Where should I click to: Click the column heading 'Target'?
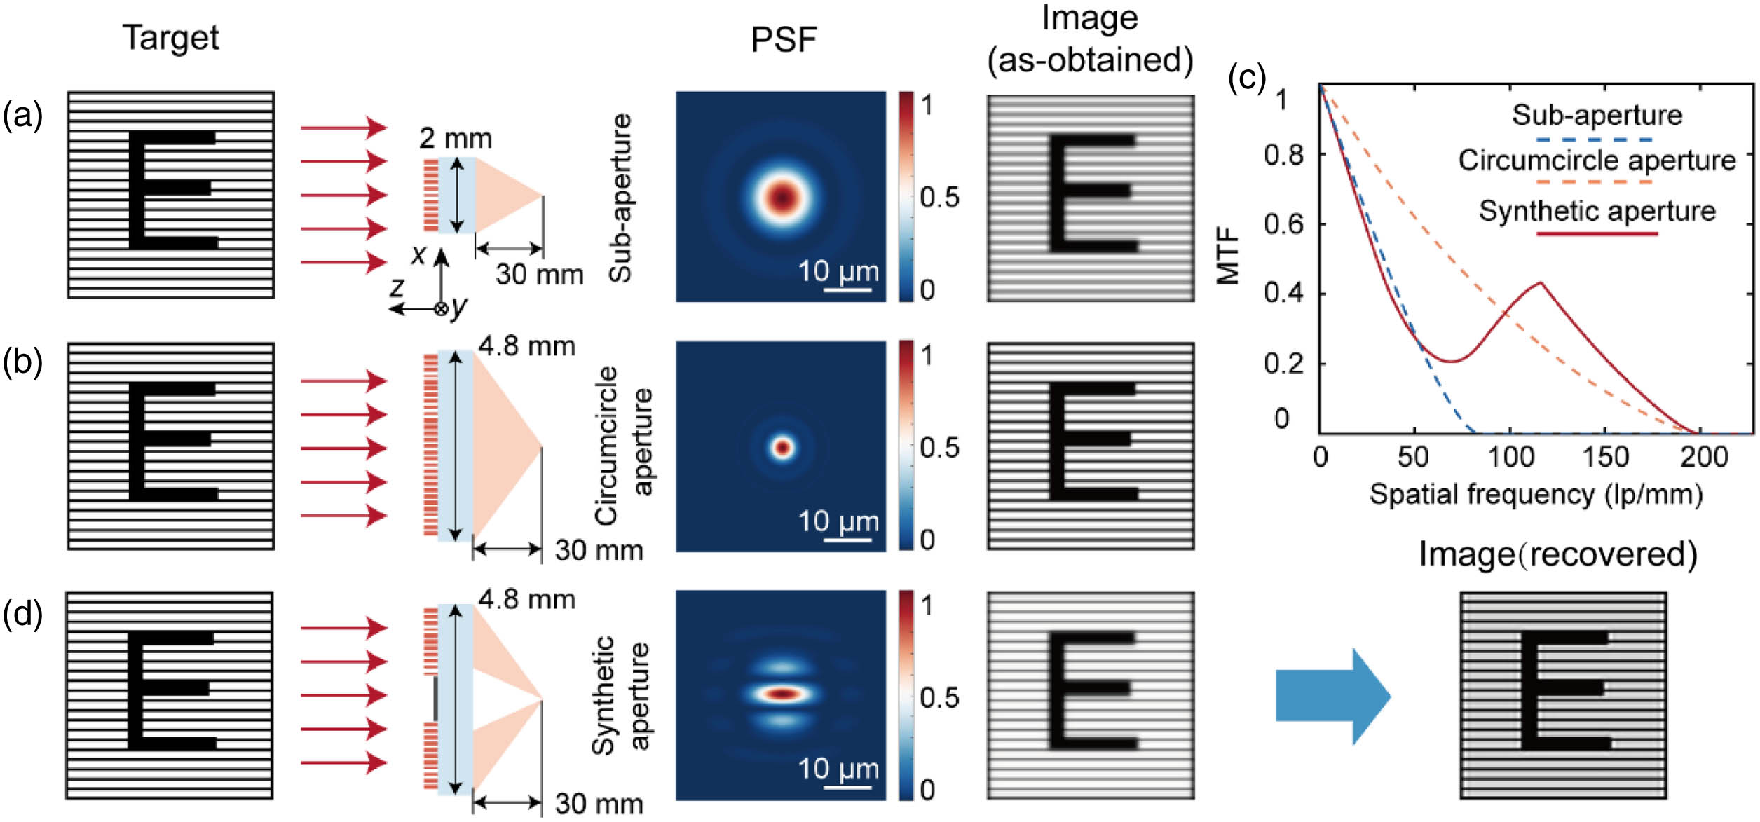point(171,38)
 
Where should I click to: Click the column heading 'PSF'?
point(784,40)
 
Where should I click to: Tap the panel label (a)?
point(22,115)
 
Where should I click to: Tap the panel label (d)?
point(22,614)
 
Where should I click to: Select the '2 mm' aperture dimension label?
point(456,138)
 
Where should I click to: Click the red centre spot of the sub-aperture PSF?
point(782,197)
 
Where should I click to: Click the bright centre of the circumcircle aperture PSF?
point(782,447)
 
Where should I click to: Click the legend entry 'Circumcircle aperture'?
point(1597,160)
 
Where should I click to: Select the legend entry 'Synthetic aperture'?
point(1597,211)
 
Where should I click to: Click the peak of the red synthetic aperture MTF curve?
point(1541,283)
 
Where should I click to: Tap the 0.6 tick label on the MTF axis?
point(1283,224)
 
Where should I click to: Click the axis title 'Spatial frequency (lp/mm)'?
point(1536,495)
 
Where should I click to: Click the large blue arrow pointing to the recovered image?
point(1332,696)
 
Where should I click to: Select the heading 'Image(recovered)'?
point(1558,554)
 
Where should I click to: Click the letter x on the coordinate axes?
point(418,254)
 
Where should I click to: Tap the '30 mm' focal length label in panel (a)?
point(539,274)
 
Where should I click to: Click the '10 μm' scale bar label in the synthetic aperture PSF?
point(838,769)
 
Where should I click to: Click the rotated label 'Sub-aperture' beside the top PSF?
point(620,198)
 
